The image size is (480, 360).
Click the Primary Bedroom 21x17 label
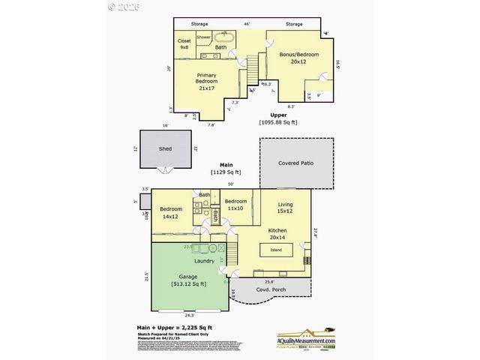[206, 82]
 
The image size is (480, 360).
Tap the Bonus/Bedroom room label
[298, 58]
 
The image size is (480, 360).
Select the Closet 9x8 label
[184, 43]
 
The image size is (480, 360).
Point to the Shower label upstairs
[203, 36]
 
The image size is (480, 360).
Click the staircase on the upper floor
[254, 67]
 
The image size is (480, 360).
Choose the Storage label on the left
[199, 24]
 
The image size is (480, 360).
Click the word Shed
[165, 148]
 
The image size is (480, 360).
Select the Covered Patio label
[295, 163]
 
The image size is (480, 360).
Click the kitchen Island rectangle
[276, 250]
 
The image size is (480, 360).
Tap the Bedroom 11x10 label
[235, 204]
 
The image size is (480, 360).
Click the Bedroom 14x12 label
[170, 213]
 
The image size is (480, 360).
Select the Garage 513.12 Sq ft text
[188, 280]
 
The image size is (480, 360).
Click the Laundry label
[204, 261]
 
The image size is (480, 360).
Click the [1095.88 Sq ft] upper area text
[278, 121]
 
